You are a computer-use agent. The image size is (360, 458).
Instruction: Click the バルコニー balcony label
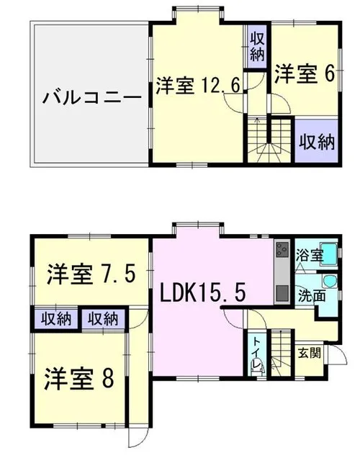pyautogui.click(x=92, y=97)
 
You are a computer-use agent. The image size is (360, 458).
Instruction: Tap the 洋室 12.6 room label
pyautogui.click(x=198, y=86)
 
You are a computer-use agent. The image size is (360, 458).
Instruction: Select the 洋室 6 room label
pyautogui.click(x=304, y=74)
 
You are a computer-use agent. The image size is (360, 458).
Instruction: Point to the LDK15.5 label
pyautogui.click(x=202, y=292)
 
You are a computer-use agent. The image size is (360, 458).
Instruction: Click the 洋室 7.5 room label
pyautogui.click(x=91, y=274)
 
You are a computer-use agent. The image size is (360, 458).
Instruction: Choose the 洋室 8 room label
pyautogui.click(x=78, y=379)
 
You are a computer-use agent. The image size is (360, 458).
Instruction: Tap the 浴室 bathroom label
pyautogui.click(x=309, y=255)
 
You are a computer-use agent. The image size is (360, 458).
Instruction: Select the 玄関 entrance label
pyautogui.click(x=309, y=353)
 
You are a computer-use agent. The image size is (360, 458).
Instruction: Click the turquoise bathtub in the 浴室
pyautogui.click(x=329, y=253)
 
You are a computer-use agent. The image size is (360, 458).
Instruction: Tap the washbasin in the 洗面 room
pyautogui.click(x=330, y=282)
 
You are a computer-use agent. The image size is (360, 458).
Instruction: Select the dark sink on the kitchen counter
pyautogui.click(x=282, y=292)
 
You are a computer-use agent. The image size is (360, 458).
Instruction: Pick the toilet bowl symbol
pyautogui.click(x=257, y=369)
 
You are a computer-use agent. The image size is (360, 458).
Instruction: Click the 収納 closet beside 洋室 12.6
pyautogui.click(x=257, y=46)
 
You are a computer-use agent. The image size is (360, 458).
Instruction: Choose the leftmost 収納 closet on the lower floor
pyautogui.click(x=55, y=318)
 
